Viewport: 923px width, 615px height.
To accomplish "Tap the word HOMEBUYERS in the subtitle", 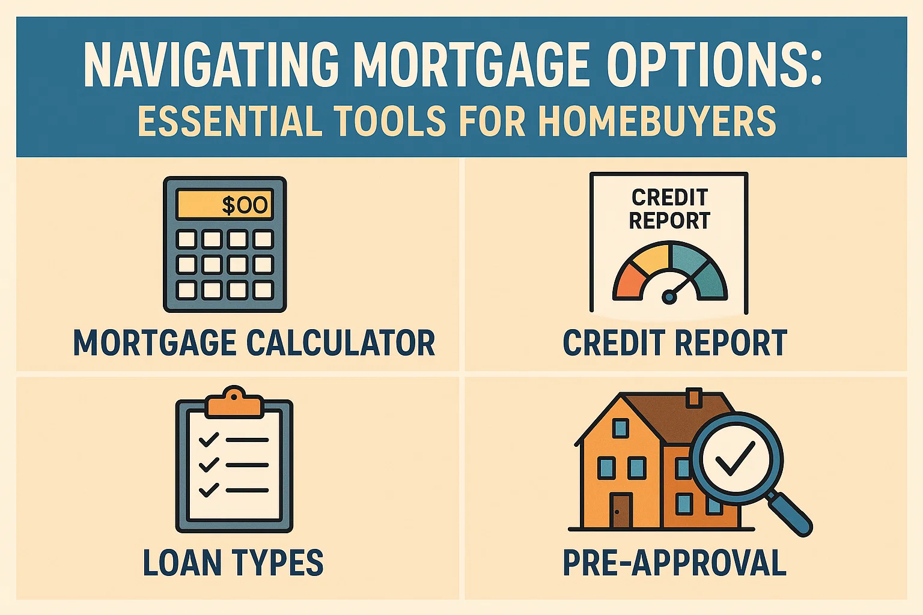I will pyautogui.click(x=657, y=121).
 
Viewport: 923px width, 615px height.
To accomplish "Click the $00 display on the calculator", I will pyautogui.click(x=224, y=205).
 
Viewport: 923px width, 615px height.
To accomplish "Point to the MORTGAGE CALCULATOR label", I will pyautogui.click(x=254, y=343).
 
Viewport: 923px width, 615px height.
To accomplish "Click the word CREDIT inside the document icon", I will pyautogui.click(x=669, y=197).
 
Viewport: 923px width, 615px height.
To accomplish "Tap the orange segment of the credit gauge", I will pyautogui.click(x=629, y=282).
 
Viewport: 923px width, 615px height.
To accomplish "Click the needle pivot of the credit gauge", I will pyautogui.click(x=668, y=296).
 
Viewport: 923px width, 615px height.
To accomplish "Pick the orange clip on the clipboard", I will pyautogui.click(x=234, y=404).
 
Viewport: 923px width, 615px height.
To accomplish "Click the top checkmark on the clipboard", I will pyautogui.click(x=208, y=440).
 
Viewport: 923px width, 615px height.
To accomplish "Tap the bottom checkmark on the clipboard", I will pyautogui.click(x=208, y=489).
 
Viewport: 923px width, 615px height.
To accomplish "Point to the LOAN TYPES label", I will pyautogui.click(x=233, y=563).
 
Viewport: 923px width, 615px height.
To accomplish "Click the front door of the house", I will pyautogui.click(x=620, y=510).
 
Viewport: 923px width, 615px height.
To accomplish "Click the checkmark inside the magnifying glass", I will pyautogui.click(x=734, y=458).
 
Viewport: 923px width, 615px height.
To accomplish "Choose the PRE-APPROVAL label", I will pyautogui.click(x=674, y=563).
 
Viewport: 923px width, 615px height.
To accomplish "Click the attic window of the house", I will pyautogui.click(x=620, y=428).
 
